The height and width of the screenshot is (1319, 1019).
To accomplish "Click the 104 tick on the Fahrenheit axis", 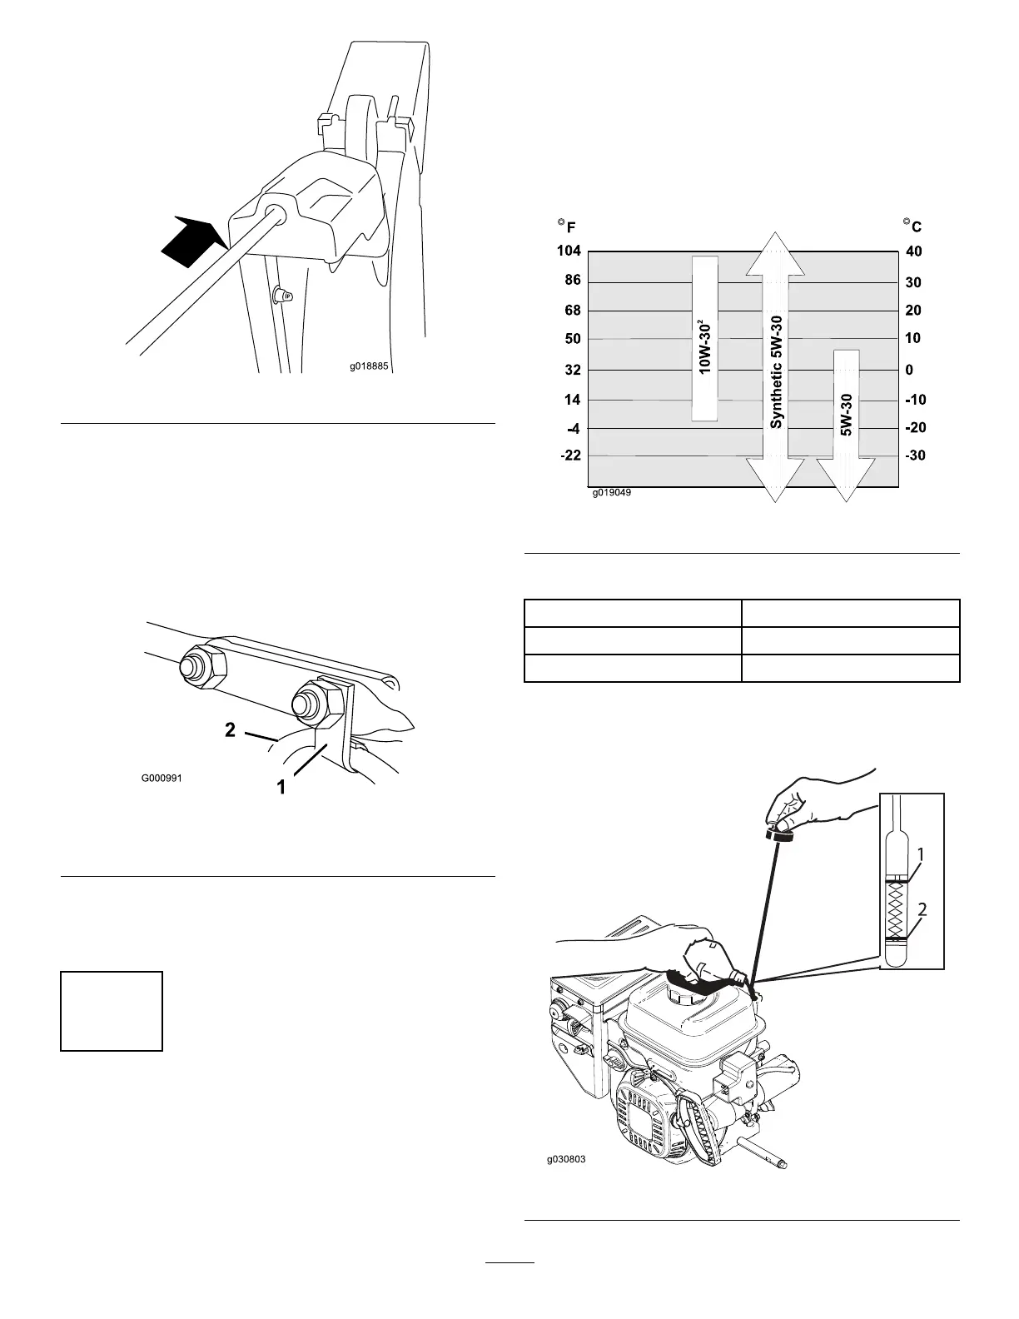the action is point(569,251).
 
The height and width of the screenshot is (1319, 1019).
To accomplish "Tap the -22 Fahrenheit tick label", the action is point(570,456).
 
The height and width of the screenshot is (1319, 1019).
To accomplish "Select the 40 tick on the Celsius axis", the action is point(913,251).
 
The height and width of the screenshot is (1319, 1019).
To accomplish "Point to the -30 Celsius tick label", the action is point(915,456).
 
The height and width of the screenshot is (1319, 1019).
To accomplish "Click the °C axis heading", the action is point(912,226).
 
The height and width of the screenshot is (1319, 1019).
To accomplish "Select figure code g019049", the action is point(612,493).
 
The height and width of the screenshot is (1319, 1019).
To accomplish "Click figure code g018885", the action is point(369,364).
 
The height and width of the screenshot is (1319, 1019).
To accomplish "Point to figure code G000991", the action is point(161,779).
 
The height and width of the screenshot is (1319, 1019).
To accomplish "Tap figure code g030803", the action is point(566,1158).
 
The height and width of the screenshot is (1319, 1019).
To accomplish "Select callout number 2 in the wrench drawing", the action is point(231,730).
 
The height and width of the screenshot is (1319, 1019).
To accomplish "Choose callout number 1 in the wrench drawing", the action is point(281,785).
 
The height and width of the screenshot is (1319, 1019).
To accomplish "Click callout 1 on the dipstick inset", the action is point(922,854).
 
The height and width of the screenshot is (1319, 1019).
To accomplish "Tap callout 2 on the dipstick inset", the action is point(922,911).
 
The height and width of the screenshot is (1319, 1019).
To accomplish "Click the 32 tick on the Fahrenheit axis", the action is point(572,370).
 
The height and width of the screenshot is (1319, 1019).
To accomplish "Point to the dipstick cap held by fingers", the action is point(781,830).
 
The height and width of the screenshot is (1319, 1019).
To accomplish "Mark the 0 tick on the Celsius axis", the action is point(909,370).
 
